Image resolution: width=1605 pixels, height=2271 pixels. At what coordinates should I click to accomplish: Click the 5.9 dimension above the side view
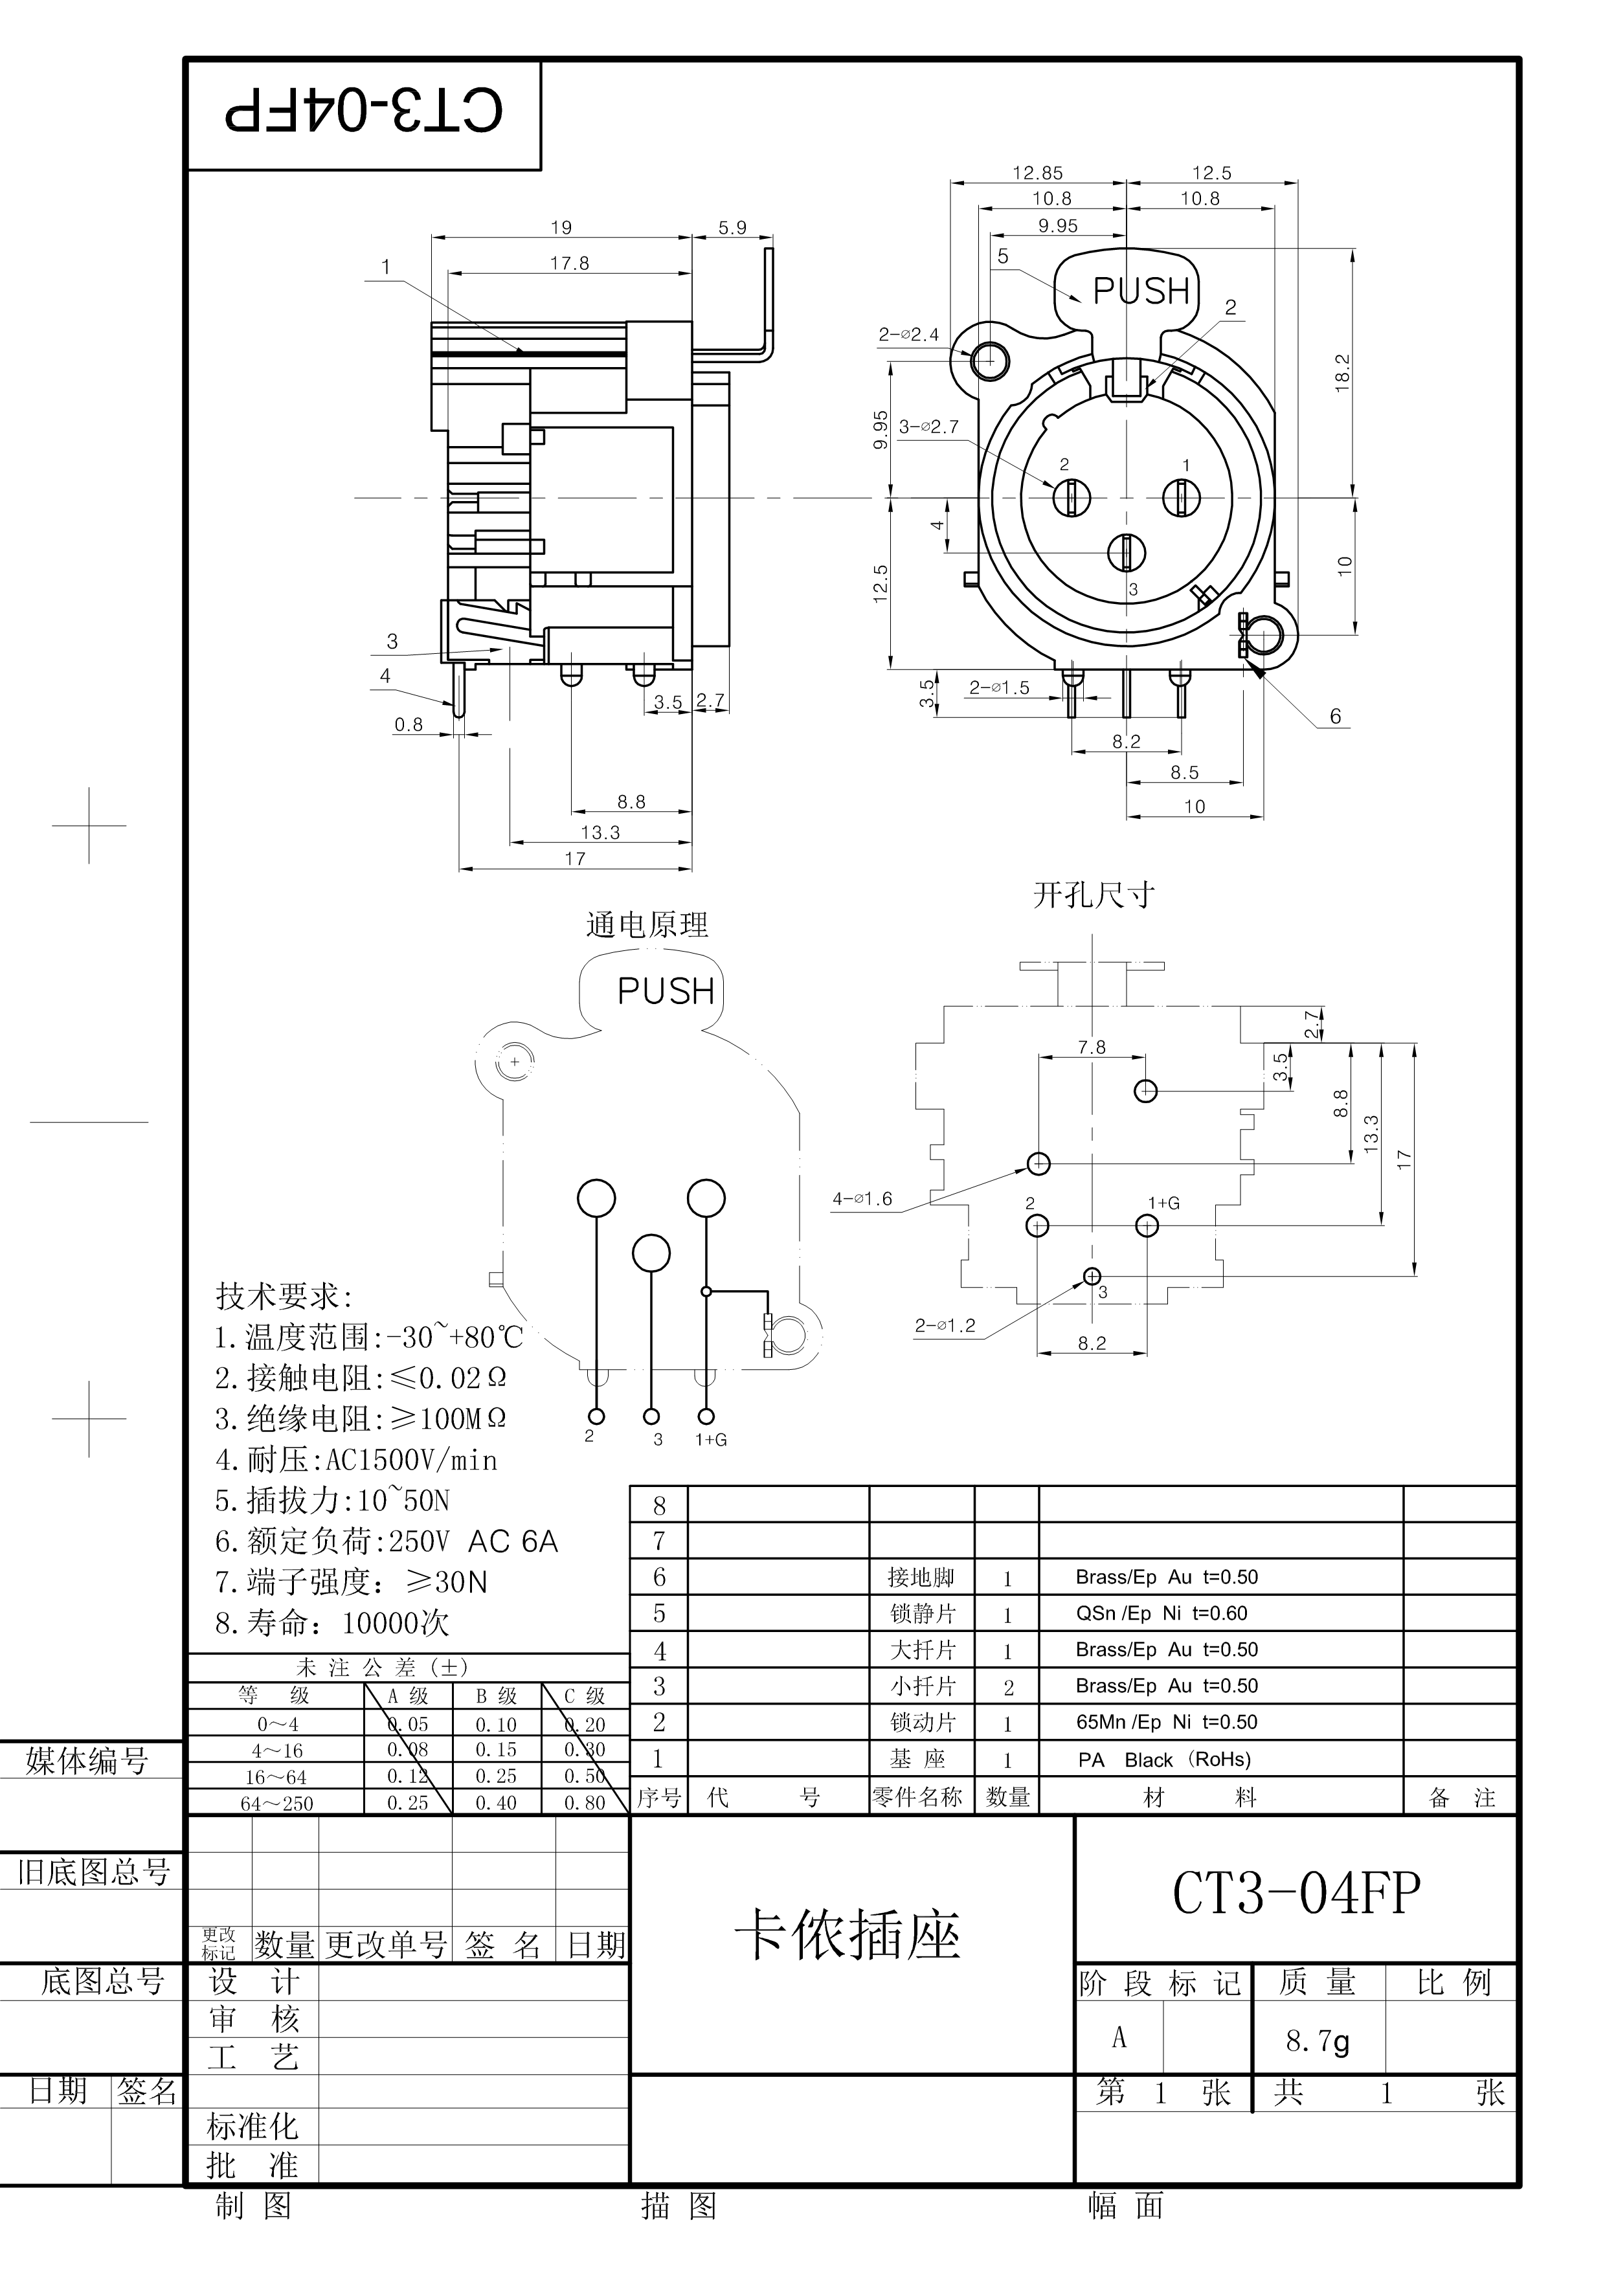click(x=732, y=227)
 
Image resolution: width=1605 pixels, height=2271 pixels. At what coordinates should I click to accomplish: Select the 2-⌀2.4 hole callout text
click(x=908, y=334)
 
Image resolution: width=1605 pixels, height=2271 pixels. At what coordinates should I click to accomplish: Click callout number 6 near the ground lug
click(x=1335, y=716)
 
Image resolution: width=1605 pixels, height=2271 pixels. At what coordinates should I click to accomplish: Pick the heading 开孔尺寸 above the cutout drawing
click(x=1094, y=895)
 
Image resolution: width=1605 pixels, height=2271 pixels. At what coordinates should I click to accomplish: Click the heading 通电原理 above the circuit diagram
click(x=647, y=925)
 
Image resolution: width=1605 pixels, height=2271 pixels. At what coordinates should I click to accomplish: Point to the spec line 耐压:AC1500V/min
click(x=356, y=1460)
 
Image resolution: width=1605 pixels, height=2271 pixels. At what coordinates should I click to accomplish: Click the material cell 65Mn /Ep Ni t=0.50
click(x=1167, y=1722)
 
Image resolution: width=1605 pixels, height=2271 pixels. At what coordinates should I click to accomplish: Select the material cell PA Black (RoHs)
click(x=1164, y=1760)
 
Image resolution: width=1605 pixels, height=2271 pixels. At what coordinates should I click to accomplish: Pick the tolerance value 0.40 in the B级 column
click(x=495, y=1803)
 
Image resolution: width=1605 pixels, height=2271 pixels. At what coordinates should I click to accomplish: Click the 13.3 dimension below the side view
click(x=600, y=832)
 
